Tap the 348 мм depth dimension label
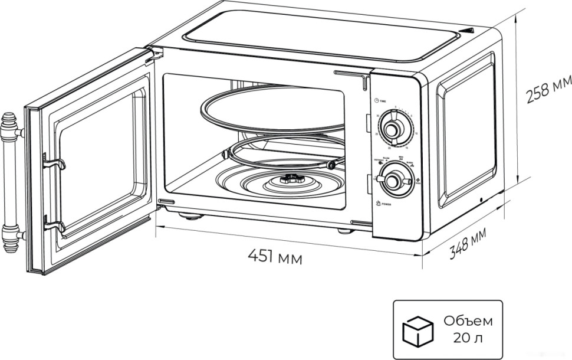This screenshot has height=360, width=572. tap(468, 243)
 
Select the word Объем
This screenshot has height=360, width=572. tap(469, 322)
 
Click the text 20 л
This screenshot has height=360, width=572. tap(468, 338)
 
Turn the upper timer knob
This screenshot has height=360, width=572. tap(390, 129)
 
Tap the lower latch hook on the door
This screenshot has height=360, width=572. tap(54, 225)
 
